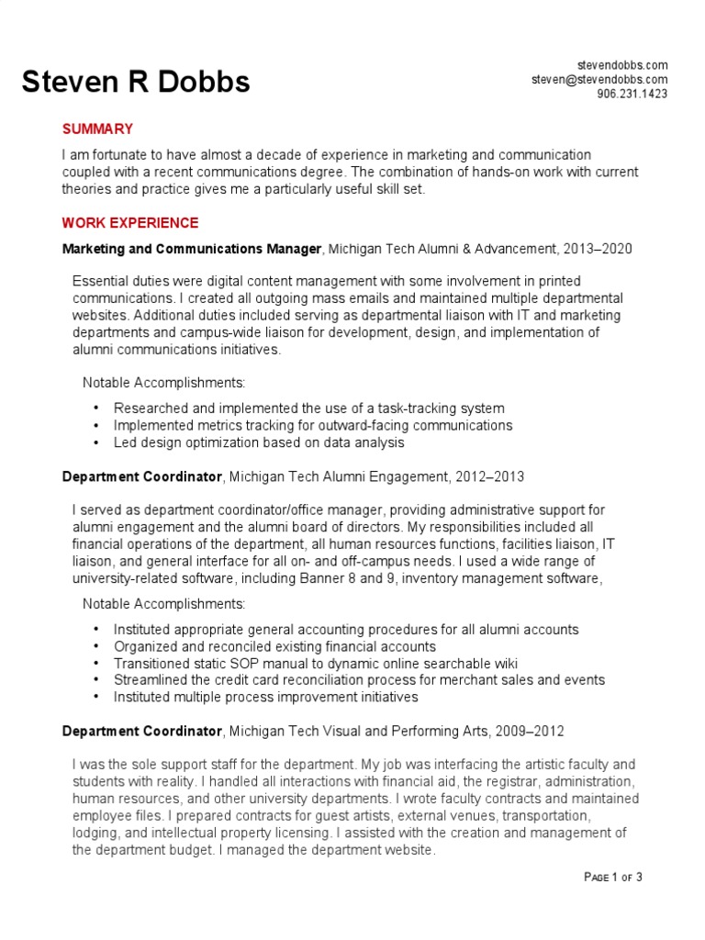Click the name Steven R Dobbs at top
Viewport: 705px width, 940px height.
[x=136, y=83]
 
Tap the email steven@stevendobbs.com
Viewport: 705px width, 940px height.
[x=599, y=80]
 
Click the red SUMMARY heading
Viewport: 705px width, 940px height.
[x=97, y=129]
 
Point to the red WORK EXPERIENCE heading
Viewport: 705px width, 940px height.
[x=129, y=223]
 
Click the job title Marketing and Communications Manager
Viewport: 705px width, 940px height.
[x=192, y=249]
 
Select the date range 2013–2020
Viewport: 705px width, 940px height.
[x=600, y=249]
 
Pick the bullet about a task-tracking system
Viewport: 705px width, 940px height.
[x=308, y=408]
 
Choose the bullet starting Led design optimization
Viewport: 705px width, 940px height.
[x=258, y=442]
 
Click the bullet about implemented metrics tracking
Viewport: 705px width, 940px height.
[x=312, y=426]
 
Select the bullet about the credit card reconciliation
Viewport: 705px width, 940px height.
[x=359, y=680]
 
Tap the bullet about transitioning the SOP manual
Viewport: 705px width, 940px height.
[x=316, y=664]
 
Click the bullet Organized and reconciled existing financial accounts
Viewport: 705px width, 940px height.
[x=274, y=646]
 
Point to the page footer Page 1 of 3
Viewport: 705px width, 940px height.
[x=612, y=878]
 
